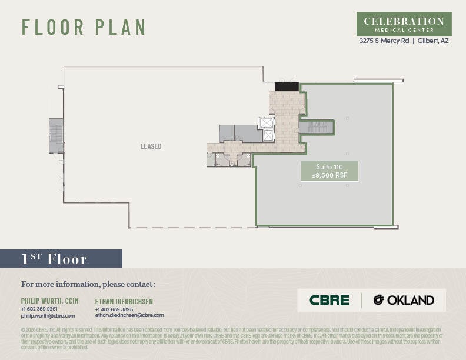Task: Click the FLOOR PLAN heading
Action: click(x=84, y=27)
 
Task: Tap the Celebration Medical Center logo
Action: click(x=404, y=24)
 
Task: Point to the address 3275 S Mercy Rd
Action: click(x=385, y=41)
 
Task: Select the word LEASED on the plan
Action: click(x=151, y=146)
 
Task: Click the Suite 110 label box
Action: click(x=329, y=171)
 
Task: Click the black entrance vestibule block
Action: click(x=287, y=86)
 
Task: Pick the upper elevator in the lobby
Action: click(x=267, y=123)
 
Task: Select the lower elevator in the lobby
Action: click(x=268, y=135)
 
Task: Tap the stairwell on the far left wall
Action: click(x=56, y=136)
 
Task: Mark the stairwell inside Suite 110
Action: click(x=317, y=127)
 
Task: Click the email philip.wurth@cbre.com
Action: click(x=48, y=316)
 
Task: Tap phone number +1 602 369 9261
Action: click(x=39, y=309)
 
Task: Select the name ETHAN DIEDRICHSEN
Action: click(x=124, y=302)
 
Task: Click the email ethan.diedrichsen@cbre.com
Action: click(x=129, y=316)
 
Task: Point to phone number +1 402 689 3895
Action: click(x=114, y=309)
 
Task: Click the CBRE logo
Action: click(x=329, y=300)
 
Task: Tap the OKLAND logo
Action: click(x=404, y=300)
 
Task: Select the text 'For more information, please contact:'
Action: click(x=88, y=285)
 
